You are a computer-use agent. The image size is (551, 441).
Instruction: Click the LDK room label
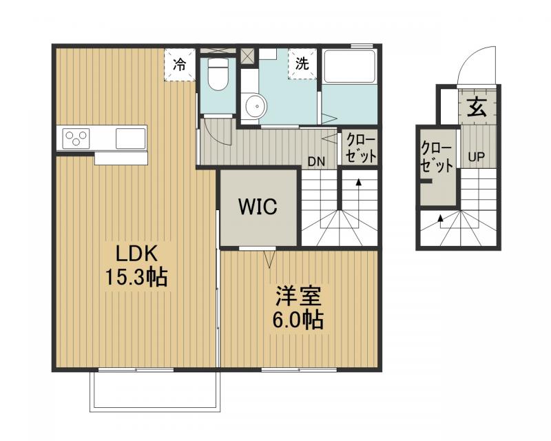136,253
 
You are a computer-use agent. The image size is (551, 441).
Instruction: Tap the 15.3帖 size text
136,277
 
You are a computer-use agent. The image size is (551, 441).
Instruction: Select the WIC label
258,207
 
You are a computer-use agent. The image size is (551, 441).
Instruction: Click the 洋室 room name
299,296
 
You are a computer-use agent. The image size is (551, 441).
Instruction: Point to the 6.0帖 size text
298,320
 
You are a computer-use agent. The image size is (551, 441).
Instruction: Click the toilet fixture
218,74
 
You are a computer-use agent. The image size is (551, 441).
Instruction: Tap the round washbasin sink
256,105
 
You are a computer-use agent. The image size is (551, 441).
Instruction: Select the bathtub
350,67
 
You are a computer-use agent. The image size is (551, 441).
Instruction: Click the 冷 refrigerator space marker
180,65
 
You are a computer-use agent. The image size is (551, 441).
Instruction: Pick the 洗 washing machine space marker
302,63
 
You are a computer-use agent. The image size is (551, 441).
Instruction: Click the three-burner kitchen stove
76,139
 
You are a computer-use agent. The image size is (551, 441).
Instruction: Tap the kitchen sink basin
131,139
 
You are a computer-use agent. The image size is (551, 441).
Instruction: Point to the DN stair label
316,162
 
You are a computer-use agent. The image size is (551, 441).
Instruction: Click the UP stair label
477,157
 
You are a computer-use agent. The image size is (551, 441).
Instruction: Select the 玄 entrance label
477,107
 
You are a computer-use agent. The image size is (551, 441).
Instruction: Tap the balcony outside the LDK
155,391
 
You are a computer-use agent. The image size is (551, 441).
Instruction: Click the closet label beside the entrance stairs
437,157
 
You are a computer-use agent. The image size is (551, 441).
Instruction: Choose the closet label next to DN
360,147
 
